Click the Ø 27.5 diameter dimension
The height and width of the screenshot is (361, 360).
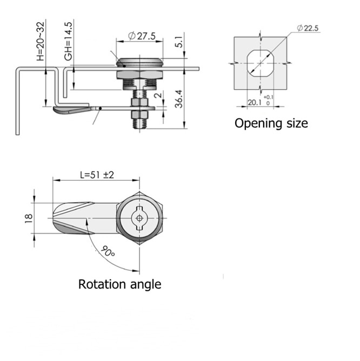point(142,36)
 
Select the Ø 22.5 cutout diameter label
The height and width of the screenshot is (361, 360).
point(307,29)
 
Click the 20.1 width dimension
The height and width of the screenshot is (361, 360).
point(254,102)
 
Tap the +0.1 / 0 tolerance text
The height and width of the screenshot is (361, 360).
point(269,100)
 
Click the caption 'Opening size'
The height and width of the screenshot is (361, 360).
point(271,123)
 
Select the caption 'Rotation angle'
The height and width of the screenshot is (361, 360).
point(119,284)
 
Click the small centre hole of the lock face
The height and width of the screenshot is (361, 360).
point(140,218)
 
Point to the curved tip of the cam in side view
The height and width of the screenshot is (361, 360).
point(61,111)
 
